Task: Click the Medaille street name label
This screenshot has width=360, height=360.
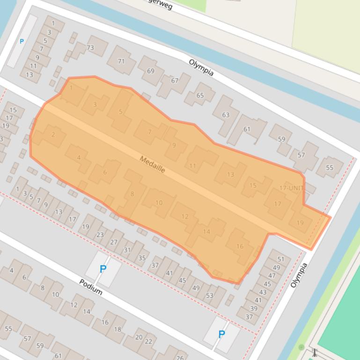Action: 152,164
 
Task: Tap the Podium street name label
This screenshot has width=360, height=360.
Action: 90,287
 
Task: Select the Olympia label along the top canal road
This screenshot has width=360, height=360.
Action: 201,67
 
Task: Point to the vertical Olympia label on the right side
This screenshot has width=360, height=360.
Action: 300,275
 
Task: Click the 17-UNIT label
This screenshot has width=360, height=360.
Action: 291,188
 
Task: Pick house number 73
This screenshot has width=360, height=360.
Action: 90,48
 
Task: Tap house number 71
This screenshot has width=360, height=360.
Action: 121,61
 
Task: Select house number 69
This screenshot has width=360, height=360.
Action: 150,71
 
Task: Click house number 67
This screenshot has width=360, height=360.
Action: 175,80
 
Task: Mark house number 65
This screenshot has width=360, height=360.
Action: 200,95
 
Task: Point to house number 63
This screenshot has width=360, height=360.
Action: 226,115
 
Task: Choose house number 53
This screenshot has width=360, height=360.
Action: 209,295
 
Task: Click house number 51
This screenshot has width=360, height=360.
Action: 281,259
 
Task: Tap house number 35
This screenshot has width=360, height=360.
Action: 142,258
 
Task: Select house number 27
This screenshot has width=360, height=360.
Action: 114,242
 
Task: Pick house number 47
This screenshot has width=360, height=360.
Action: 272,276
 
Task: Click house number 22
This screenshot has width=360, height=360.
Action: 148,341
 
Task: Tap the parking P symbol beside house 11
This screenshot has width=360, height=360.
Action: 22,42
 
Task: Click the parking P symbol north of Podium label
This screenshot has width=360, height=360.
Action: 103,269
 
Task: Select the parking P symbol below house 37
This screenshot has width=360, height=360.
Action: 221,334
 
